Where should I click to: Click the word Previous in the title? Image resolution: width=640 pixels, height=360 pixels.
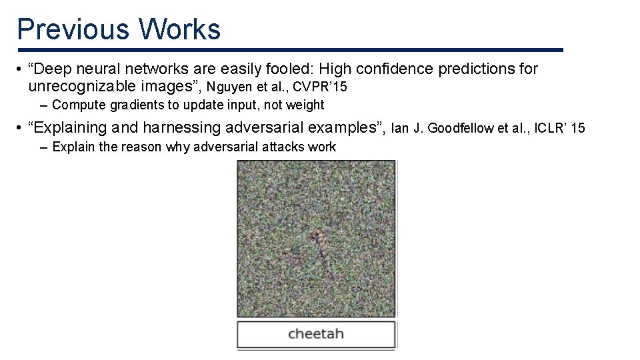(73, 29)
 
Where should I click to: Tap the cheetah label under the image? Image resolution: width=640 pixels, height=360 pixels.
(316, 333)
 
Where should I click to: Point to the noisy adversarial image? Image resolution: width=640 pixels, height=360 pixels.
(316, 239)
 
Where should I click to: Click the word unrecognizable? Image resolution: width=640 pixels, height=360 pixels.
(83, 86)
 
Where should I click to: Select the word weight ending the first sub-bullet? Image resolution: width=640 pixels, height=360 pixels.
(303, 105)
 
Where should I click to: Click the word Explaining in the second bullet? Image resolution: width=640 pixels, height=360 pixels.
(73, 127)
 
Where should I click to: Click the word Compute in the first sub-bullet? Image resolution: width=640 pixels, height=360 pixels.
(74, 105)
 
